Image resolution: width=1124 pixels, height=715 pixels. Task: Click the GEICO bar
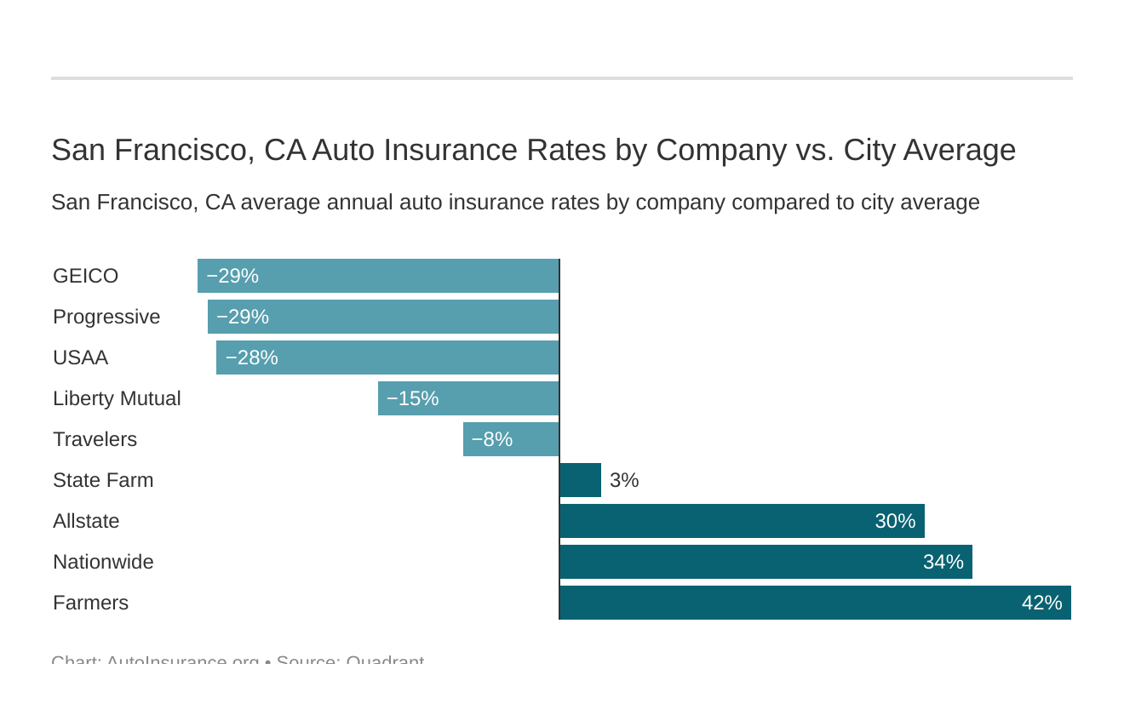pos(378,276)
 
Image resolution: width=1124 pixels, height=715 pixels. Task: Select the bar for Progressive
pos(383,317)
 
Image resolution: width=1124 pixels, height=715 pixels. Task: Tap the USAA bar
pos(387,357)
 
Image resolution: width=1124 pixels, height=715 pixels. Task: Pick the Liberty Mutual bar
pos(468,398)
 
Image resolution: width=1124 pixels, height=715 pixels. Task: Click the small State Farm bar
pos(581,480)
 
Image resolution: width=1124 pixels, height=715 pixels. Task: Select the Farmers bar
pos(815,603)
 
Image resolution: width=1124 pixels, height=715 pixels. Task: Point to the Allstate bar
pos(742,521)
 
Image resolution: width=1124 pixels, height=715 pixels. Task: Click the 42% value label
pos(1041,603)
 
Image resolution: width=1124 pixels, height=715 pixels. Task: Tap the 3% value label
pos(624,480)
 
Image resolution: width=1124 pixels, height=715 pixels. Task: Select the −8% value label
pos(491,439)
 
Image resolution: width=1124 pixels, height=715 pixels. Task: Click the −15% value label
pos(412,398)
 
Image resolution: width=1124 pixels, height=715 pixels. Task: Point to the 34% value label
pos(943,562)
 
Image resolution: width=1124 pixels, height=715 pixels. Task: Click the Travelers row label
pos(95,439)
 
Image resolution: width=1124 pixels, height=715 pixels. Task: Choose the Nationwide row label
pos(103,562)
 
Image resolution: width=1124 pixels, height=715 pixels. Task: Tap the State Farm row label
pos(103,480)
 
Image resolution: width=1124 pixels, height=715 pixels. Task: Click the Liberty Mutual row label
pos(117,398)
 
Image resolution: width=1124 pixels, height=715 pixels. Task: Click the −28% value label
pos(251,357)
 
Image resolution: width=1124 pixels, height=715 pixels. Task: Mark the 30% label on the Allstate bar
pos(895,521)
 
